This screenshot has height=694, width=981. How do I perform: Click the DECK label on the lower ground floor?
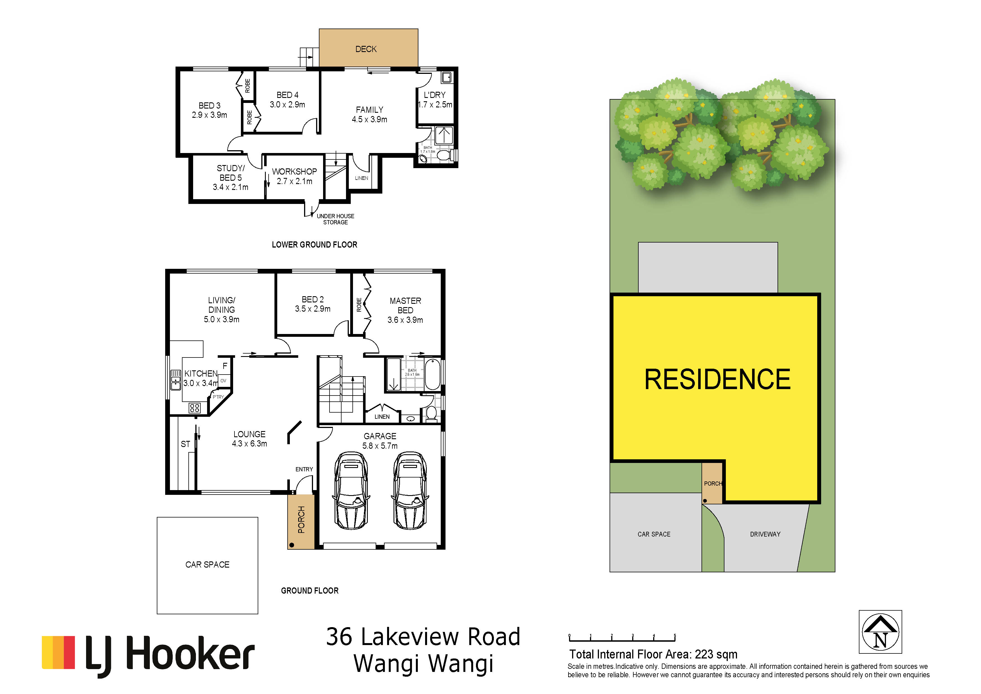pos(366,49)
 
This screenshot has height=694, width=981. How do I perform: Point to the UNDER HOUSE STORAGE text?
pos(335,219)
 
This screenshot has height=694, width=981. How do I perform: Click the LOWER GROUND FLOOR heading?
pos(314,244)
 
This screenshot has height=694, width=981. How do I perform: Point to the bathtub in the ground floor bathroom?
pos(432,375)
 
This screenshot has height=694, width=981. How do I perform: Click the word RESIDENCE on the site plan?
pos(717,380)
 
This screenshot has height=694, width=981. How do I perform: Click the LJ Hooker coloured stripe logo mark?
pos(58,653)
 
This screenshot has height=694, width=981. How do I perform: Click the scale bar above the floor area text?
pos(622,638)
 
